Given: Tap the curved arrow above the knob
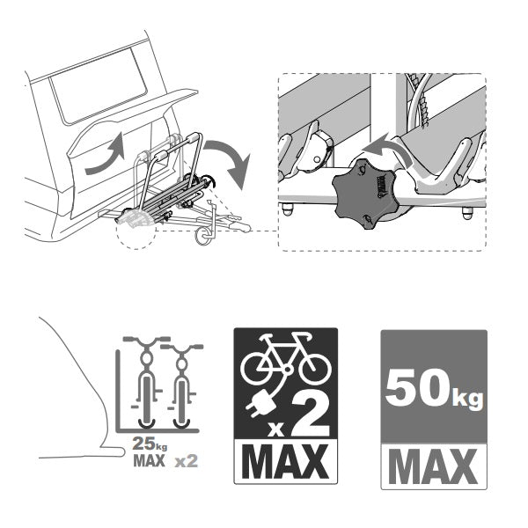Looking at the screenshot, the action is (387, 148).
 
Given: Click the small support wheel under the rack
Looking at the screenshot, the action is (203, 236).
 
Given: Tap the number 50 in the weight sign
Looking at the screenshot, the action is (416, 387).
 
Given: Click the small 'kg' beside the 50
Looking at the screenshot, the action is (467, 399).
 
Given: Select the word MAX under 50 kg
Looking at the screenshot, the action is (434, 466).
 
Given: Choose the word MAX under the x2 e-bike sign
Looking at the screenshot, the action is (285, 461).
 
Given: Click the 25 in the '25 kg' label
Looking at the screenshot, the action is (143, 444).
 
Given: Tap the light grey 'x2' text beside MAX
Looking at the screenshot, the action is (187, 460).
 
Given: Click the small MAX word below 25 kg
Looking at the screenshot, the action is (150, 460).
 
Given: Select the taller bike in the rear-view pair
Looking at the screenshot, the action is (147, 381).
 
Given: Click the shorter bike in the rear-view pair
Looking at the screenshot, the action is (182, 386).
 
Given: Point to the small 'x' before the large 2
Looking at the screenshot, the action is (276, 429).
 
